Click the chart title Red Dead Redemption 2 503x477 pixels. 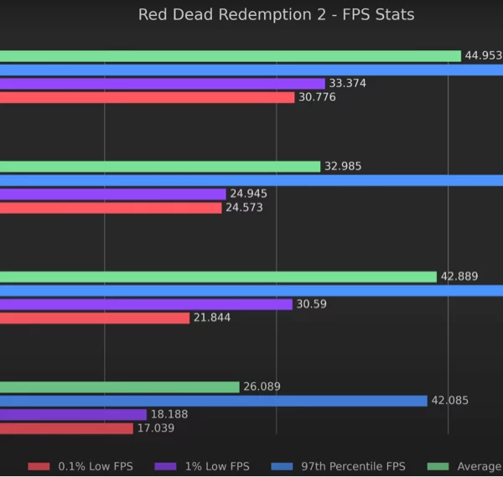[x=232, y=15]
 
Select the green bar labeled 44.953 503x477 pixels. [x=231, y=56]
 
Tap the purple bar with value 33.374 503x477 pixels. [x=163, y=84]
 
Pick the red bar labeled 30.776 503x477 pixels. [x=148, y=97]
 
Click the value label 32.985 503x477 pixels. [x=343, y=166]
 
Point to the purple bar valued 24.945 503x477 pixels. [x=113, y=194]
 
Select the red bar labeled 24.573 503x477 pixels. [x=111, y=208]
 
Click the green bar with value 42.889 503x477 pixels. [x=219, y=277]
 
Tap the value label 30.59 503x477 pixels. [x=312, y=304]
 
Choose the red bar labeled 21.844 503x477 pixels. [x=95, y=319]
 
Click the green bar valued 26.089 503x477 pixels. [x=120, y=387]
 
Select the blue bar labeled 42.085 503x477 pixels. [x=214, y=401]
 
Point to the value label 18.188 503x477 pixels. [x=169, y=414]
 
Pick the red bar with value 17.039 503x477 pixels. [x=66, y=428]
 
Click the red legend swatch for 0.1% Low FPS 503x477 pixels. [x=39, y=466]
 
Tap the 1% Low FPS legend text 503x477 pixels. [x=217, y=466]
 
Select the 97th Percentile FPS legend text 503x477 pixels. [x=353, y=466]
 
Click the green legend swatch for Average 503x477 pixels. [x=438, y=466]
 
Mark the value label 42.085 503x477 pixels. [x=449, y=401]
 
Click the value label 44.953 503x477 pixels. [x=484, y=55]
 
